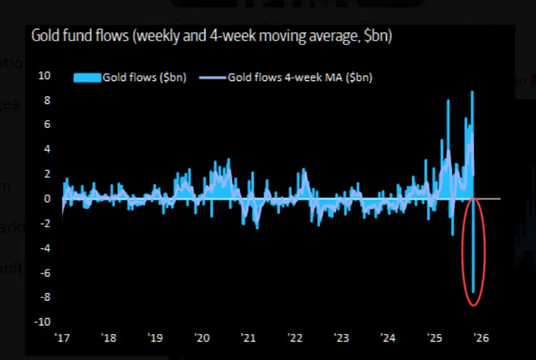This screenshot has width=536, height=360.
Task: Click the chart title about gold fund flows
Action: click(x=211, y=37)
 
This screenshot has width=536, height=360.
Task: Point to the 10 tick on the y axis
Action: click(x=44, y=75)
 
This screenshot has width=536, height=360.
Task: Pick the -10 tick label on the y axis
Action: click(x=43, y=321)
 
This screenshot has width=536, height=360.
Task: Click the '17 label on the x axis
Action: click(x=63, y=338)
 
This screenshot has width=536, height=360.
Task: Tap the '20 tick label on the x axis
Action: click(x=202, y=338)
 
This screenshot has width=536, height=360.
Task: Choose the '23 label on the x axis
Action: click(x=341, y=338)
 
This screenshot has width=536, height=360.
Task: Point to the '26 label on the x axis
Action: click(x=480, y=338)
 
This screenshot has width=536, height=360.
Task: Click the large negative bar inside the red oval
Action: click(x=473, y=248)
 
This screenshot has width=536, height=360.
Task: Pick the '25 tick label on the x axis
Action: click(x=434, y=338)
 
